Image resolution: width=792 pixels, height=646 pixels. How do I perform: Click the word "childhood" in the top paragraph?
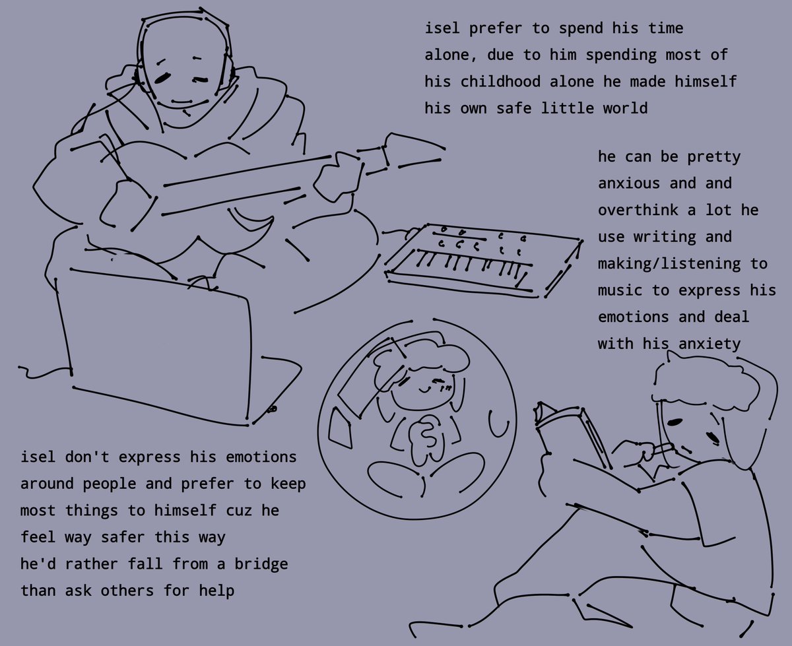500,81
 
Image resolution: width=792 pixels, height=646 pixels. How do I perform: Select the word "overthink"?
638,210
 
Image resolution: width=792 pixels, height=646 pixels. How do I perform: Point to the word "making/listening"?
669,264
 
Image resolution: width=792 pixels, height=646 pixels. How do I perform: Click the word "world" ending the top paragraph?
626,108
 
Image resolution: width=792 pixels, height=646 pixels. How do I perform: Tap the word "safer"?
123,536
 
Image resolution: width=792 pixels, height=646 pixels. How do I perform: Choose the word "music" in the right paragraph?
620,290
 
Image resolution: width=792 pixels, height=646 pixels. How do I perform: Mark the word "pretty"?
714,157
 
